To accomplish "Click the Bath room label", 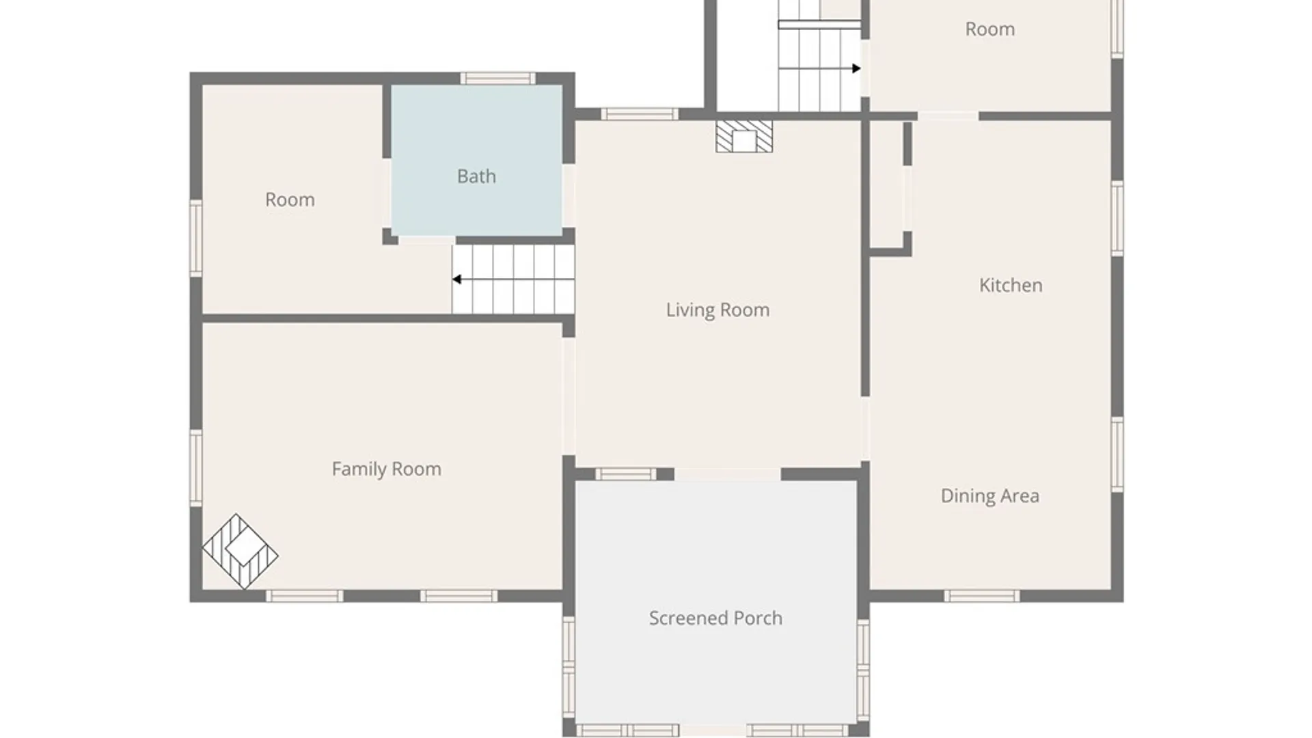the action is point(476,176).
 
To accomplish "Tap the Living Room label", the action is point(717,310).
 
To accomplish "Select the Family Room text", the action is point(386,469).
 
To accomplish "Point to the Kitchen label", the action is point(1011,285).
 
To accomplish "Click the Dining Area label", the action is point(990,496).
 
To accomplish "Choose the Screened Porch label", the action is point(715,618).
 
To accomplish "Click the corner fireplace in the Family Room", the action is point(240,551).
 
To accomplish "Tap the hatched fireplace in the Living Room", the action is point(744,137).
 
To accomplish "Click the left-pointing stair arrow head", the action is point(456,279).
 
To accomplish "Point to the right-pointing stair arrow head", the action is point(856,68).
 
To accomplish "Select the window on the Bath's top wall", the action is point(497,79).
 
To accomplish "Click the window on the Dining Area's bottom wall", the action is point(982,596).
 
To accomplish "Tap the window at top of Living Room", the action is point(640,114).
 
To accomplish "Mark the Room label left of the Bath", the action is point(290,200).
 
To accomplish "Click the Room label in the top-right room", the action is point(989,29).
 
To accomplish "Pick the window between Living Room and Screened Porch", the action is point(625,474).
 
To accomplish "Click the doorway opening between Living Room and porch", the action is point(728,474).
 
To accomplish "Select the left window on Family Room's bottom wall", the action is point(304,596).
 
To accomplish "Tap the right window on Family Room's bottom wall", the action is point(459,596).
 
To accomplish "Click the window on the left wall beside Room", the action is point(196,238).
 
